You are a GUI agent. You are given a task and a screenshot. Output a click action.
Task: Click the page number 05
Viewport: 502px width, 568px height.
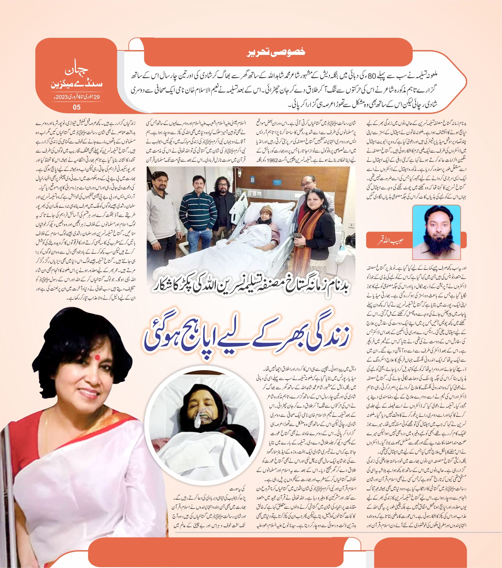[76, 107]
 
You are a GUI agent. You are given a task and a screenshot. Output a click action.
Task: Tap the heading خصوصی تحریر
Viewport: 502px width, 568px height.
[276, 52]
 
